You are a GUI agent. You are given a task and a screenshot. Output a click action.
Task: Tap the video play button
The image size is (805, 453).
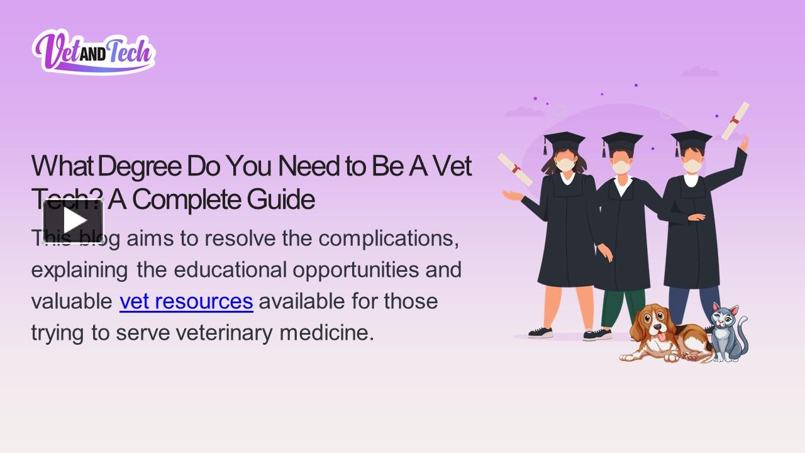click(x=73, y=221)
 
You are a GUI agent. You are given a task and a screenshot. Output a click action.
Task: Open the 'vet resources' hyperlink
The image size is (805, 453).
click(x=186, y=301)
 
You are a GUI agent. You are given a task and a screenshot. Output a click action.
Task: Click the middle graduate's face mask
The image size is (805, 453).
click(x=621, y=167)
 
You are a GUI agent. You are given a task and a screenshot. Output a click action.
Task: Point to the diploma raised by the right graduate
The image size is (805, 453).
click(x=735, y=120)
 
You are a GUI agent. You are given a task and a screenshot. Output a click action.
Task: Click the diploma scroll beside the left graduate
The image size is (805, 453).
click(x=514, y=169)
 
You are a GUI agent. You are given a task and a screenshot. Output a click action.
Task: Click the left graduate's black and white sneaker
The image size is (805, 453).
click(x=540, y=332)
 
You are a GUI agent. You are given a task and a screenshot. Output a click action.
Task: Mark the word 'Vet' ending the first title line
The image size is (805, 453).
click(x=452, y=166)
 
